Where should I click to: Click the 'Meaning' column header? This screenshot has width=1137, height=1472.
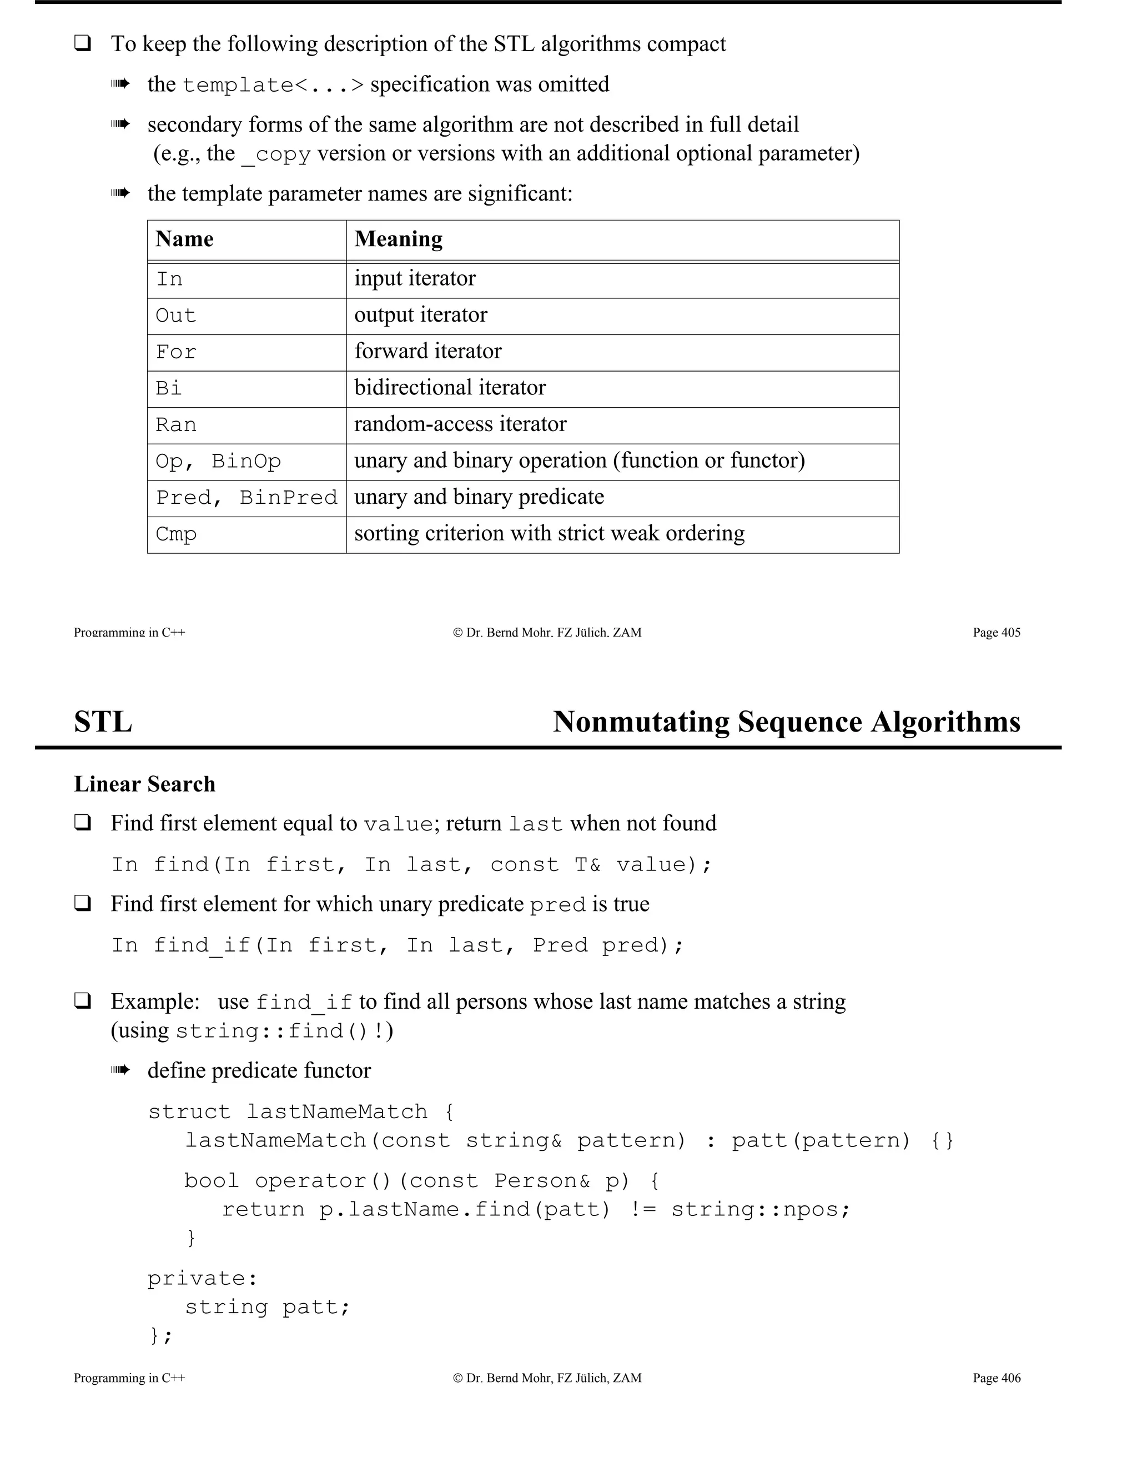398,239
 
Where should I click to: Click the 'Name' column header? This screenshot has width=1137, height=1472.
184,239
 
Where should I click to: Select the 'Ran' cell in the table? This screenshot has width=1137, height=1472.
176,424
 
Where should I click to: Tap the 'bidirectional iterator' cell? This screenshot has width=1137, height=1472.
450,388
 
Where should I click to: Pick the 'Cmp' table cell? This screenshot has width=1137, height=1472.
176,534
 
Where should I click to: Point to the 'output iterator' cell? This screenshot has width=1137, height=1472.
420,315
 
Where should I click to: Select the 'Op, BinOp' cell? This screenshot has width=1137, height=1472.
218,461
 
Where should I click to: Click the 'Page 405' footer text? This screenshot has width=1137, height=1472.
996,632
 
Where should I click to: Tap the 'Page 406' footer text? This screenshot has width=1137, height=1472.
996,1378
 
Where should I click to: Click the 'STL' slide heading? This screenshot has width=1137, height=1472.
103,722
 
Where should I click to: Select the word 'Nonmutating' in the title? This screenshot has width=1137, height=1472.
641,722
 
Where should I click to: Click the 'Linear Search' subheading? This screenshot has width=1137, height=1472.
144,784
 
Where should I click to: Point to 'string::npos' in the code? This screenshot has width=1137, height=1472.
761,1209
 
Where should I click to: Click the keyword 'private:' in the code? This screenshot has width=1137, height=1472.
202,1278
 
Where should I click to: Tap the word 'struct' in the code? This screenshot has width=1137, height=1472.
189,1111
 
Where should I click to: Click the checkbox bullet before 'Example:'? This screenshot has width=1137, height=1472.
83,1001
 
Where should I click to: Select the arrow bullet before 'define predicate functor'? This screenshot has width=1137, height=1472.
120,1070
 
